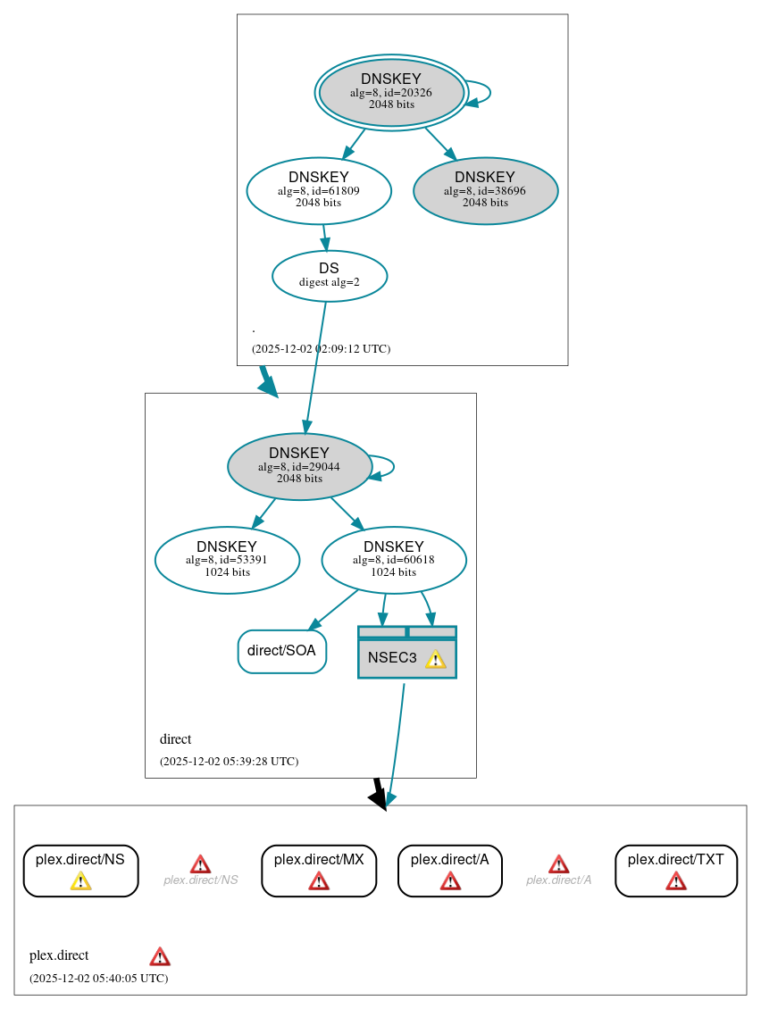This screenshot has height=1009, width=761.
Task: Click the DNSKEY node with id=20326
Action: click(x=391, y=92)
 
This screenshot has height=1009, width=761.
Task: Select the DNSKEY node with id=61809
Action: click(x=319, y=190)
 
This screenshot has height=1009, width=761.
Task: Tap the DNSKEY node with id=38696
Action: click(x=485, y=190)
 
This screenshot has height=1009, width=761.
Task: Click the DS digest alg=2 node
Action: click(x=329, y=276)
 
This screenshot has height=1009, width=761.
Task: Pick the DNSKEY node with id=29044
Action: click(x=299, y=466)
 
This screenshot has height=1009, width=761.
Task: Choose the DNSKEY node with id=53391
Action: click(x=227, y=560)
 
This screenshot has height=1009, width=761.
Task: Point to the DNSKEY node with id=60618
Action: click(x=394, y=560)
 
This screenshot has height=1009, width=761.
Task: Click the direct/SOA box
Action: click(x=281, y=651)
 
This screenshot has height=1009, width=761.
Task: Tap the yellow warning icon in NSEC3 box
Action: click(x=435, y=659)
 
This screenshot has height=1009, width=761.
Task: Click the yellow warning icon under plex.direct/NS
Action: click(x=80, y=881)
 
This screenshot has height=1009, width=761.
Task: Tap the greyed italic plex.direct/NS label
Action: click(x=200, y=880)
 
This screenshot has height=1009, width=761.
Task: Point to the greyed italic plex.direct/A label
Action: click(x=558, y=880)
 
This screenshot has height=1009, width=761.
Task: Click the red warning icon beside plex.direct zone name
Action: click(x=160, y=956)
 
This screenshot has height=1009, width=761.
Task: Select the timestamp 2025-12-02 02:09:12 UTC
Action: click(x=321, y=348)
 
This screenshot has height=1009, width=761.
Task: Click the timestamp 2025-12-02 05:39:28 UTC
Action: click(x=229, y=762)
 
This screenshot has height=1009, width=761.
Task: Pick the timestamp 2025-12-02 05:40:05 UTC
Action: click(x=98, y=978)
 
